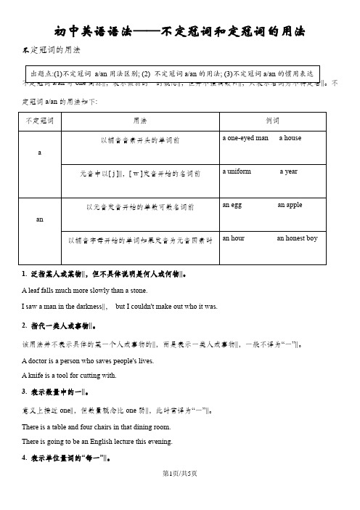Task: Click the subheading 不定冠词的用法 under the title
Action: tap(53, 49)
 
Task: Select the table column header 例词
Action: tap(274, 119)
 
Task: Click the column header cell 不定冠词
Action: tap(41, 119)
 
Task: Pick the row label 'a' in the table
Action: tap(40, 154)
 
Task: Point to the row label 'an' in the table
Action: tap(40, 218)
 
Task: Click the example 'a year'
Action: tap(298, 172)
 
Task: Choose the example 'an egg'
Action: tap(232, 206)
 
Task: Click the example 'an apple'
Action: tap(290, 206)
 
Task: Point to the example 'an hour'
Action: tap(234, 238)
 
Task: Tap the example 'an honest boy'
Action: tap(298, 238)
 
